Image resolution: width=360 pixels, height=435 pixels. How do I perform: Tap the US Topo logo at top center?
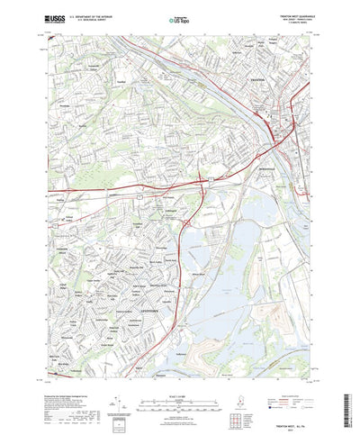179,18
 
